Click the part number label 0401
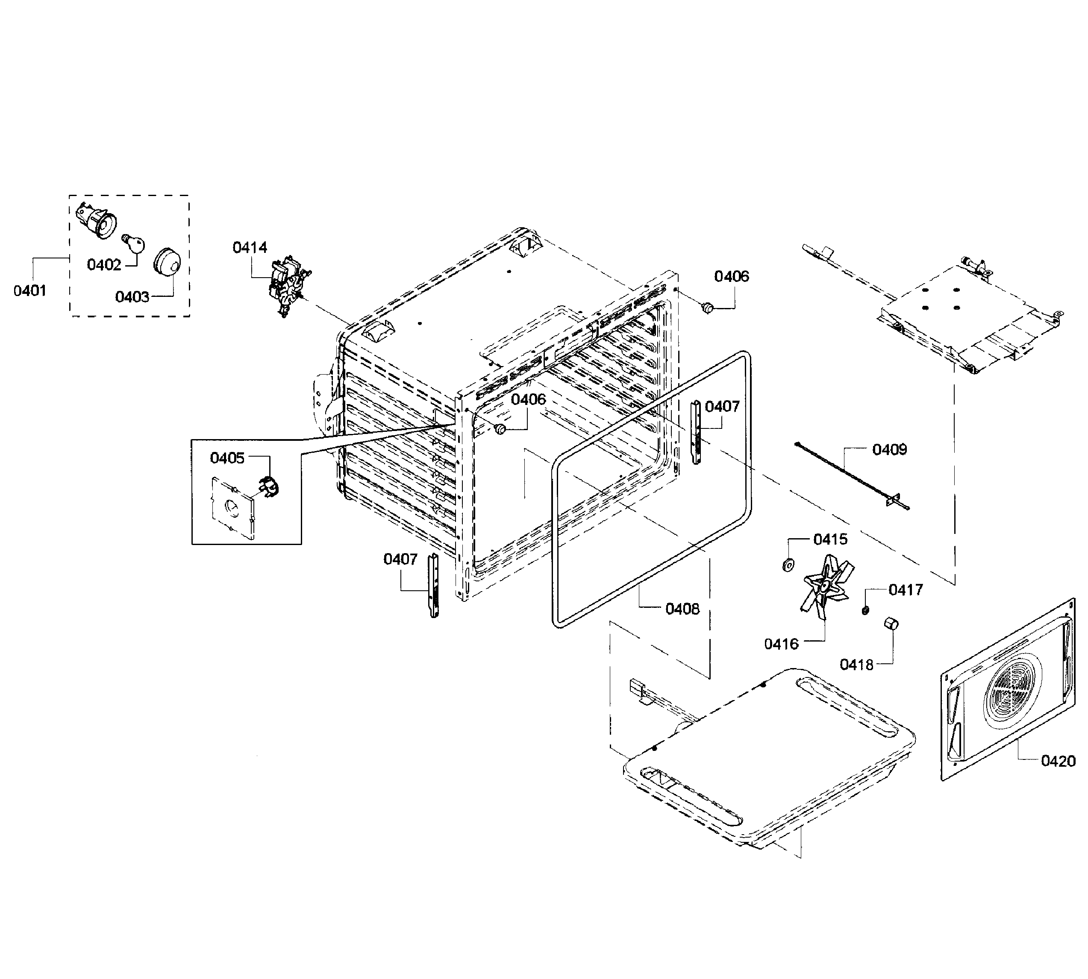point(29,291)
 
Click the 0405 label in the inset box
point(227,458)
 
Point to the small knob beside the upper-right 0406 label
point(707,308)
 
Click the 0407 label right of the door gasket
point(722,406)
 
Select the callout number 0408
point(682,609)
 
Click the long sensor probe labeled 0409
point(850,475)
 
